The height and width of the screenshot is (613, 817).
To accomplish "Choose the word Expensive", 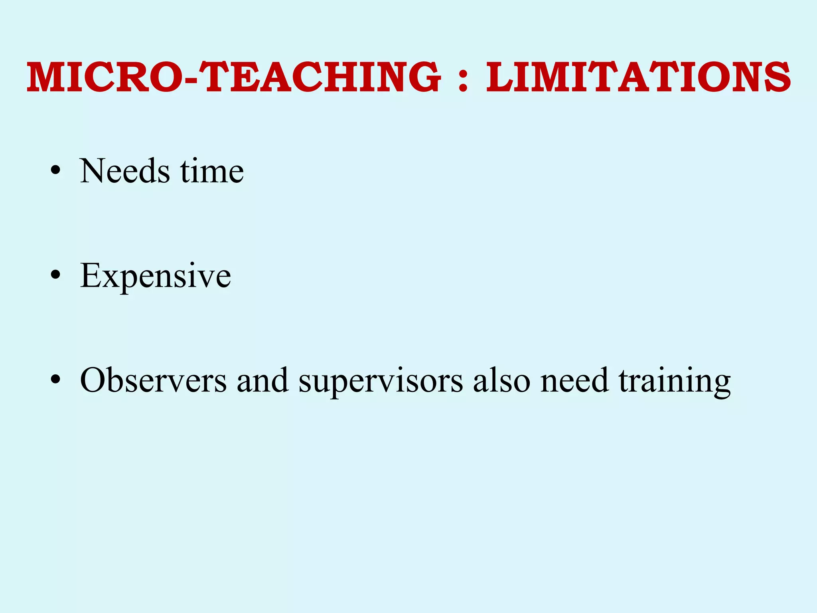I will pos(156,276).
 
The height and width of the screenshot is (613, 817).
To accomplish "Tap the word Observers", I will pos(153,380).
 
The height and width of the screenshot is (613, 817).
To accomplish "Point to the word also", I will pos(501,380).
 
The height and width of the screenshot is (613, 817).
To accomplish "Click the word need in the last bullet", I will pos(575,380).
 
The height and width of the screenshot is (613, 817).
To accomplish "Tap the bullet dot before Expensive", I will pos(55,276).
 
